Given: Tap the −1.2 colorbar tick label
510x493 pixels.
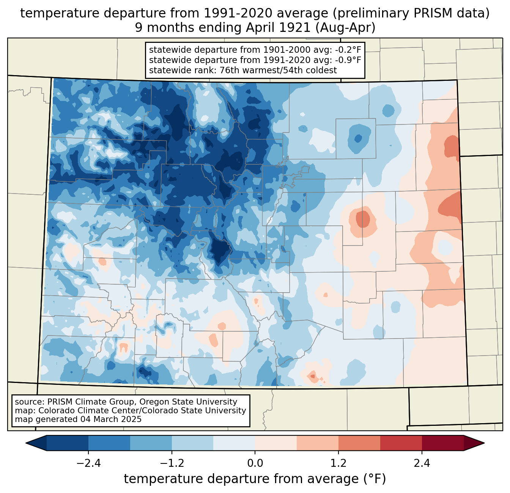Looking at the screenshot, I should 172,463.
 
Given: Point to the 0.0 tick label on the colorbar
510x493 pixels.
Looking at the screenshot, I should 255,463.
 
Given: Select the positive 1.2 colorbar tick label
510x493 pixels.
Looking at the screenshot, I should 338,463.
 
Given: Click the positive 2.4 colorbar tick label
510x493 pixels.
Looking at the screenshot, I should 422,463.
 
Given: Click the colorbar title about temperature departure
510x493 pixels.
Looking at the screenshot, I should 255,479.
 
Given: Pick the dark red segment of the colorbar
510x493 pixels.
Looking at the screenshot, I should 442,443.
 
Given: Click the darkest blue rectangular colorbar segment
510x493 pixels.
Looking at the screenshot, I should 68,443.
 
